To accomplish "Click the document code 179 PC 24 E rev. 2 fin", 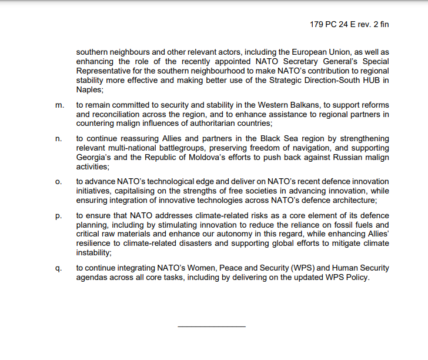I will pos(349,25).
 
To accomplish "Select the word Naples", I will pos(89,90).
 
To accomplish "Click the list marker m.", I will pos(59,105).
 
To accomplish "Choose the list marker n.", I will pos(58,139).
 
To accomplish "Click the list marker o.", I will pos(58,182).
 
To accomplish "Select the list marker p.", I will pos(58,215).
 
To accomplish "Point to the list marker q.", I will pos(58,268).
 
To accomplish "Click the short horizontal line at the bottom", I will pos(211,326).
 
